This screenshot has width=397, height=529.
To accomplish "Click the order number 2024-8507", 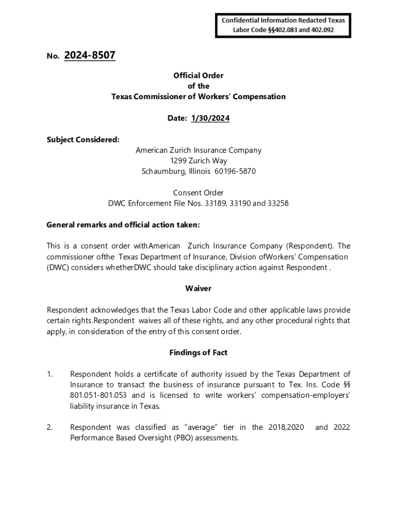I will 90,55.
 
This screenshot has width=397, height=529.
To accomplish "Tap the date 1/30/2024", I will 210,118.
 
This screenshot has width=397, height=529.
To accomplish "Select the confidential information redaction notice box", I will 283,25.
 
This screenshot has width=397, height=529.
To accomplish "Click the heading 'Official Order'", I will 198,75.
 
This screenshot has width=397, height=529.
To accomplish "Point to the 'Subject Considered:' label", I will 83,139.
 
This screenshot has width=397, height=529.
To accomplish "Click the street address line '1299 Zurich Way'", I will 198,161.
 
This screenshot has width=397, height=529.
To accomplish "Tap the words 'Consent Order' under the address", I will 198,193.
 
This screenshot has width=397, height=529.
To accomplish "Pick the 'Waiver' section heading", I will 198,288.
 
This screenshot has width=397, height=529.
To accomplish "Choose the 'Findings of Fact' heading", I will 198,352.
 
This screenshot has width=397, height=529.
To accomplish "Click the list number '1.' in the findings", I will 50,374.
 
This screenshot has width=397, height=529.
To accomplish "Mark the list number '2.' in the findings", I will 50,427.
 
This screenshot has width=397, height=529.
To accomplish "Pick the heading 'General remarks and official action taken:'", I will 123,225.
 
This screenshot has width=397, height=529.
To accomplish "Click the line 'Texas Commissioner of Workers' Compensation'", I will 198,97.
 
